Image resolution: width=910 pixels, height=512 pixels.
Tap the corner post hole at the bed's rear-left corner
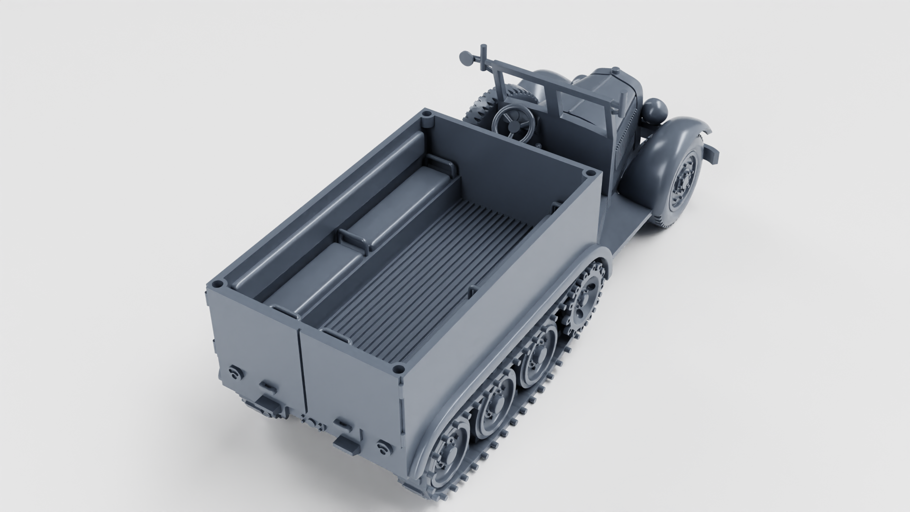218,284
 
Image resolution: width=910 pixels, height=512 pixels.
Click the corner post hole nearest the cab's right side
589,174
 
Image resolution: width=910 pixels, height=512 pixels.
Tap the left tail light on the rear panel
235,371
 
